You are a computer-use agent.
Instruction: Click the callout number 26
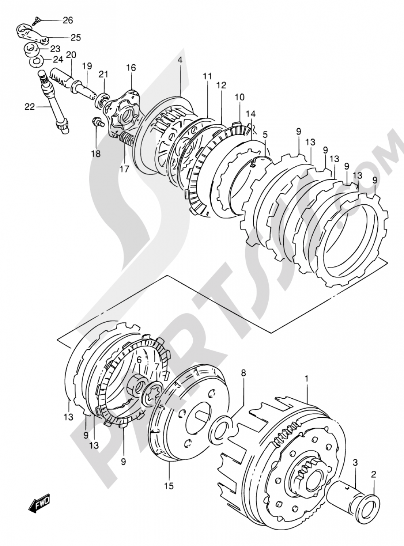[67, 19]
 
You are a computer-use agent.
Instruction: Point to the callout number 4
[179, 60]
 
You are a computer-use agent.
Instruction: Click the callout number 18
[96, 153]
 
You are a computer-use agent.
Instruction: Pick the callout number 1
[307, 379]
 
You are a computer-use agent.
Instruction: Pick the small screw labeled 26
[37, 19]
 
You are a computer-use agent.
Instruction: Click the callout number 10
[240, 97]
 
